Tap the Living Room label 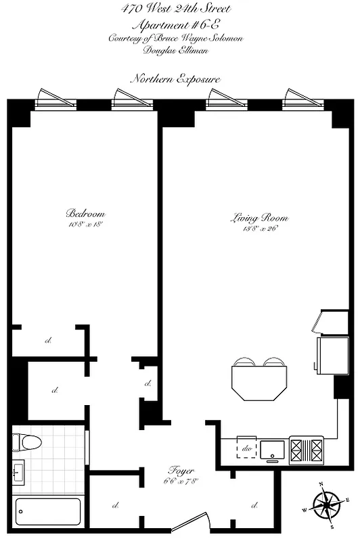(x=260, y=218)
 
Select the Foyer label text (x=182, y=470)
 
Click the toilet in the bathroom (x=27, y=442)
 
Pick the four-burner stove (x=307, y=447)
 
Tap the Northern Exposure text (x=176, y=79)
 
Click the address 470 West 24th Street (x=175, y=9)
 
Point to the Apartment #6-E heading (x=176, y=24)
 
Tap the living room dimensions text (x=260, y=229)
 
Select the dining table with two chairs (x=256, y=379)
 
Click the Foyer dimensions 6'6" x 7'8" (x=182, y=481)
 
